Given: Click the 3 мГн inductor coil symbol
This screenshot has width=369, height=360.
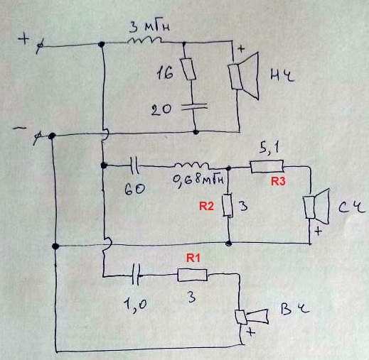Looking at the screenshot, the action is [x=144, y=40].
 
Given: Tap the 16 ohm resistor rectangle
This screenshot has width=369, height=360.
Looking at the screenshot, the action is [x=188, y=69].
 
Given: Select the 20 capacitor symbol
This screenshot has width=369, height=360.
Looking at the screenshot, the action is [x=194, y=107].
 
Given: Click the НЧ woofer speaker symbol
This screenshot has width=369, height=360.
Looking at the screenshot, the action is [x=243, y=76].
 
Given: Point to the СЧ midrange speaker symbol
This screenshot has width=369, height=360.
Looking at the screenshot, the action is [x=316, y=207].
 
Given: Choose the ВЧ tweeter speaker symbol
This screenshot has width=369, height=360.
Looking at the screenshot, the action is [x=251, y=317].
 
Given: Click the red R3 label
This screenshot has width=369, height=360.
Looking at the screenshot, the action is [x=278, y=181].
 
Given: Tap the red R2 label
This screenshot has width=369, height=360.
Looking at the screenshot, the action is [x=206, y=206].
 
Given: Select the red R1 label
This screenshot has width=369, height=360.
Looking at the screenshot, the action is [x=193, y=258].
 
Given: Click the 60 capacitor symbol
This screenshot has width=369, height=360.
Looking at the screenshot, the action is [x=135, y=166].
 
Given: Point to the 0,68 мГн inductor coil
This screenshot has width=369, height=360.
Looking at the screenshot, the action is [x=192, y=165].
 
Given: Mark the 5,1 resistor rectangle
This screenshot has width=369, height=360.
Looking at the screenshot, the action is [x=267, y=166].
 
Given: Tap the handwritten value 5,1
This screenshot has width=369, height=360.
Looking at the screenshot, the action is [x=269, y=148].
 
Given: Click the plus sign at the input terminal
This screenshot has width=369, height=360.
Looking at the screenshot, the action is [x=24, y=38].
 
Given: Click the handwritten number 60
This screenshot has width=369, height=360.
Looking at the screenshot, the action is [x=134, y=189].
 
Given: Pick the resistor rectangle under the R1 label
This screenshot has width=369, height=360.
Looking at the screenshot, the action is [x=193, y=275].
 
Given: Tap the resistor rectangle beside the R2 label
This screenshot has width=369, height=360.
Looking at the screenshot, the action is [x=228, y=205].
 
